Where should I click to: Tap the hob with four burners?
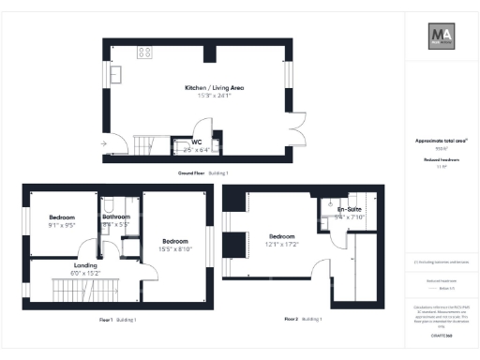click(x=146, y=52)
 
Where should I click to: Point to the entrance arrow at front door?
click(x=103, y=143)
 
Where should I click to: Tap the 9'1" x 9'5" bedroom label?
click(x=62, y=221)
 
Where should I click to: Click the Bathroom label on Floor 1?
click(x=116, y=217)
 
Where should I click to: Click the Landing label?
click(x=86, y=266)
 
